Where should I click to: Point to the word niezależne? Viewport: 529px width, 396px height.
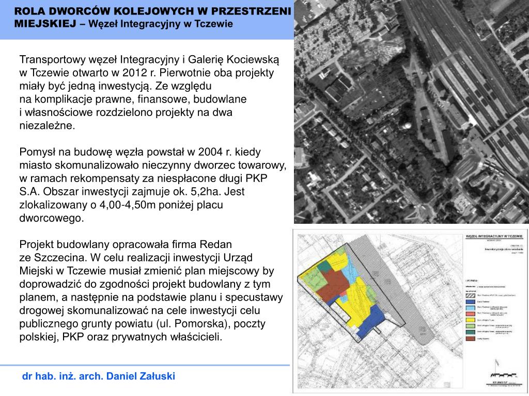tap(47, 125)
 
